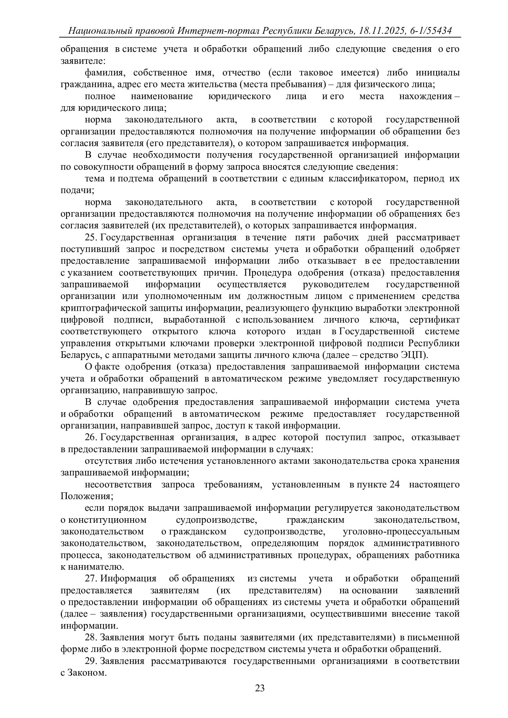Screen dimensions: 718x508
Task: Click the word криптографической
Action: (121, 308)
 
